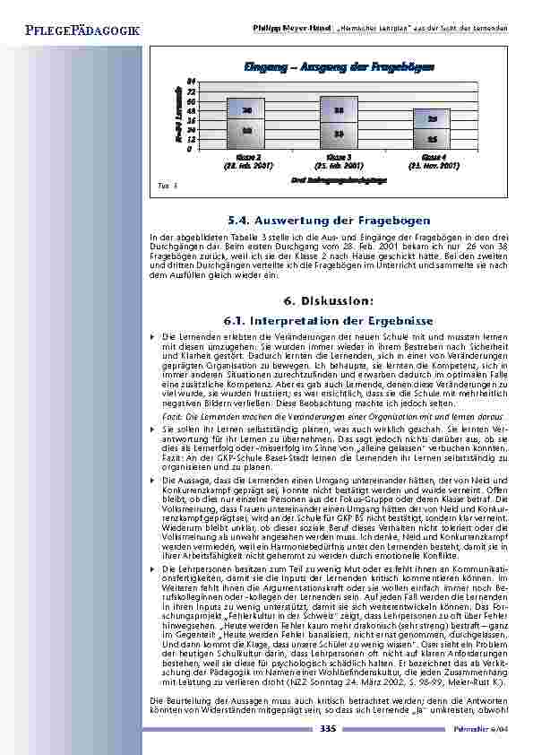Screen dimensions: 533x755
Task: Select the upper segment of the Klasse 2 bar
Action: pyautogui.click(x=245, y=108)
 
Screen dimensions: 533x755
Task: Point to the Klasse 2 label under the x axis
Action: pyautogui.click(x=247, y=156)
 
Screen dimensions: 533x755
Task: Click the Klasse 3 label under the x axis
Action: pyautogui.click(x=339, y=156)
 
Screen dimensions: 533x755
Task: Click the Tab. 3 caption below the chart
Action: pyautogui.click(x=163, y=186)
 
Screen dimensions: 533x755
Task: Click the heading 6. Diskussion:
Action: pyautogui.click(x=325, y=302)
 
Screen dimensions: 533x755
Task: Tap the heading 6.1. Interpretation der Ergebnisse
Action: pyautogui.click(x=325, y=320)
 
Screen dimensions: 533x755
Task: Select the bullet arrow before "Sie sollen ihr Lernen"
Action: pyautogui.click(x=153, y=430)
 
